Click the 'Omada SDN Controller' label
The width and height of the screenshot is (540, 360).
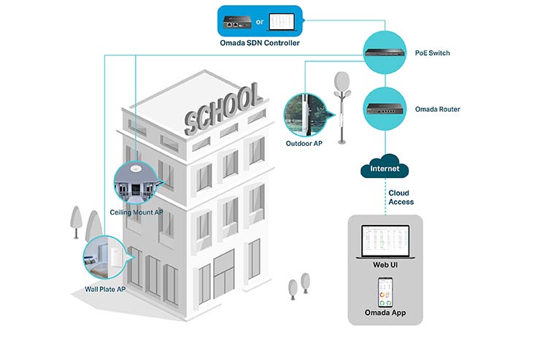point(259,43)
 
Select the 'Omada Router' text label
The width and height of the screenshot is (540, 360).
point(437,110)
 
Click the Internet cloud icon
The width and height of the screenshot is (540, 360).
point(385,168)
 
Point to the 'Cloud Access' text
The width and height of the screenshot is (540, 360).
point(401,197)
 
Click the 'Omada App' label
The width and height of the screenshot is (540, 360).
point(385,313)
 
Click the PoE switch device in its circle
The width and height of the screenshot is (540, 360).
point(385,50)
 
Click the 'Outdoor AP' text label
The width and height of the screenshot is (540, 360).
point(304,143)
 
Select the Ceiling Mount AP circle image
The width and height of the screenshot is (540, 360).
point(136,180)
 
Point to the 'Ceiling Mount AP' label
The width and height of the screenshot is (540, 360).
point(136,212)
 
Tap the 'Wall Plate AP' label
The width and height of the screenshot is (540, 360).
point(107,288)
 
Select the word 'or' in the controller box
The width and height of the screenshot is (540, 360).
point(259,22)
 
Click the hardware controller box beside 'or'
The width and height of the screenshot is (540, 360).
point(237,22)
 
